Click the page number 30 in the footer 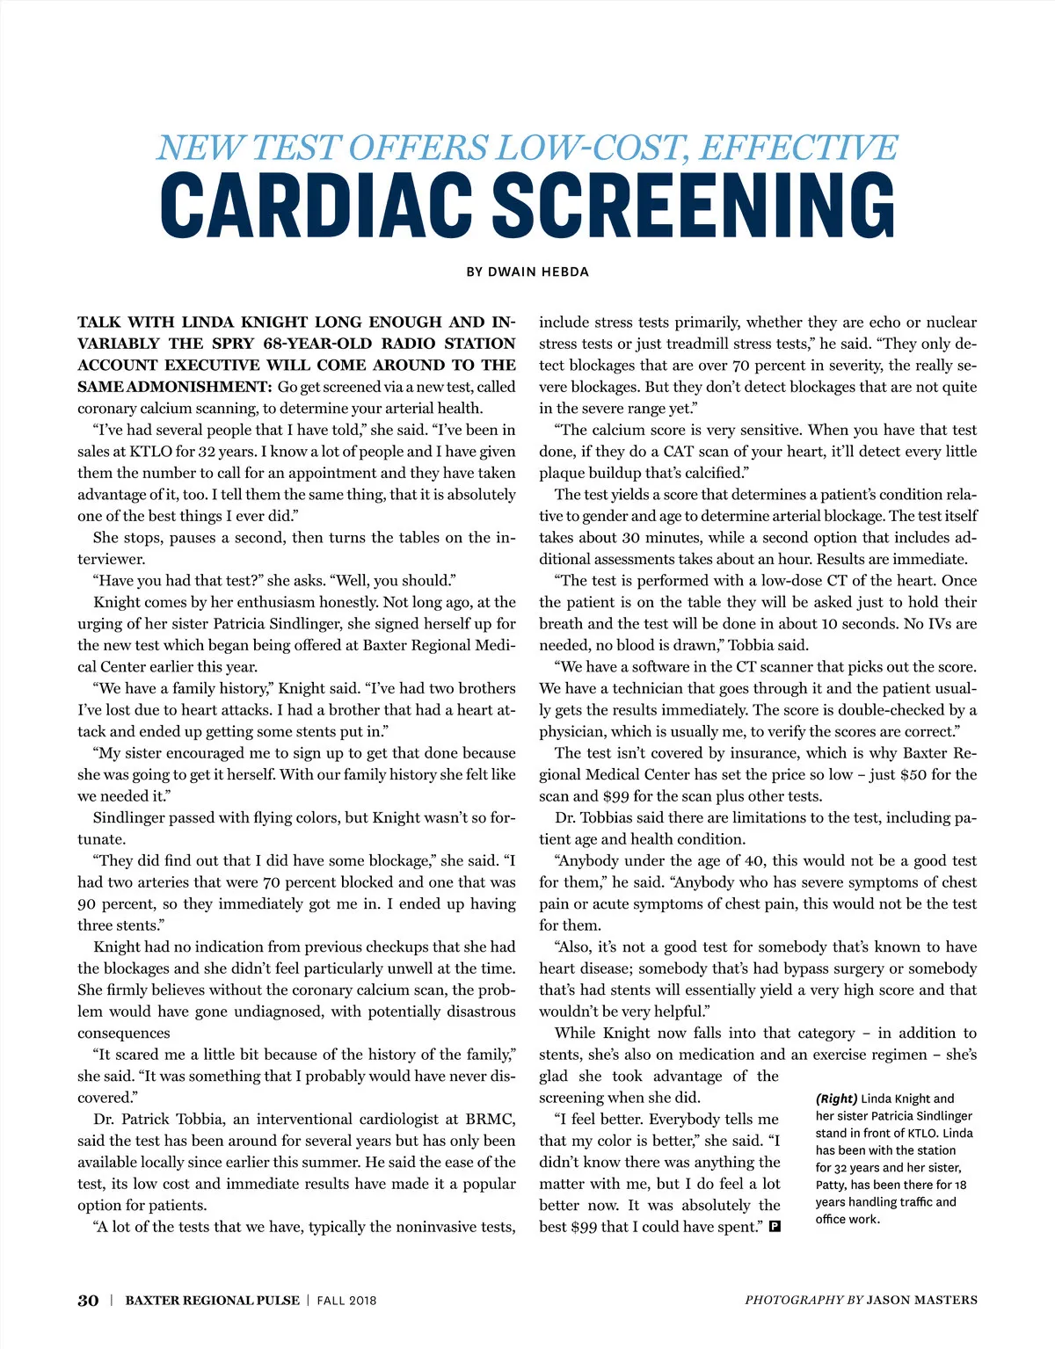[x=88, y=1301]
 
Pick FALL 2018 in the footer [x=346, y=1301]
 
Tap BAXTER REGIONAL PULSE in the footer [x=212, y=1301]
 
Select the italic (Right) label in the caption [x=836, y=1099]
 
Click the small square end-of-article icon [x=775, y=1226]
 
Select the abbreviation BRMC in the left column [x=492, y=1120]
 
